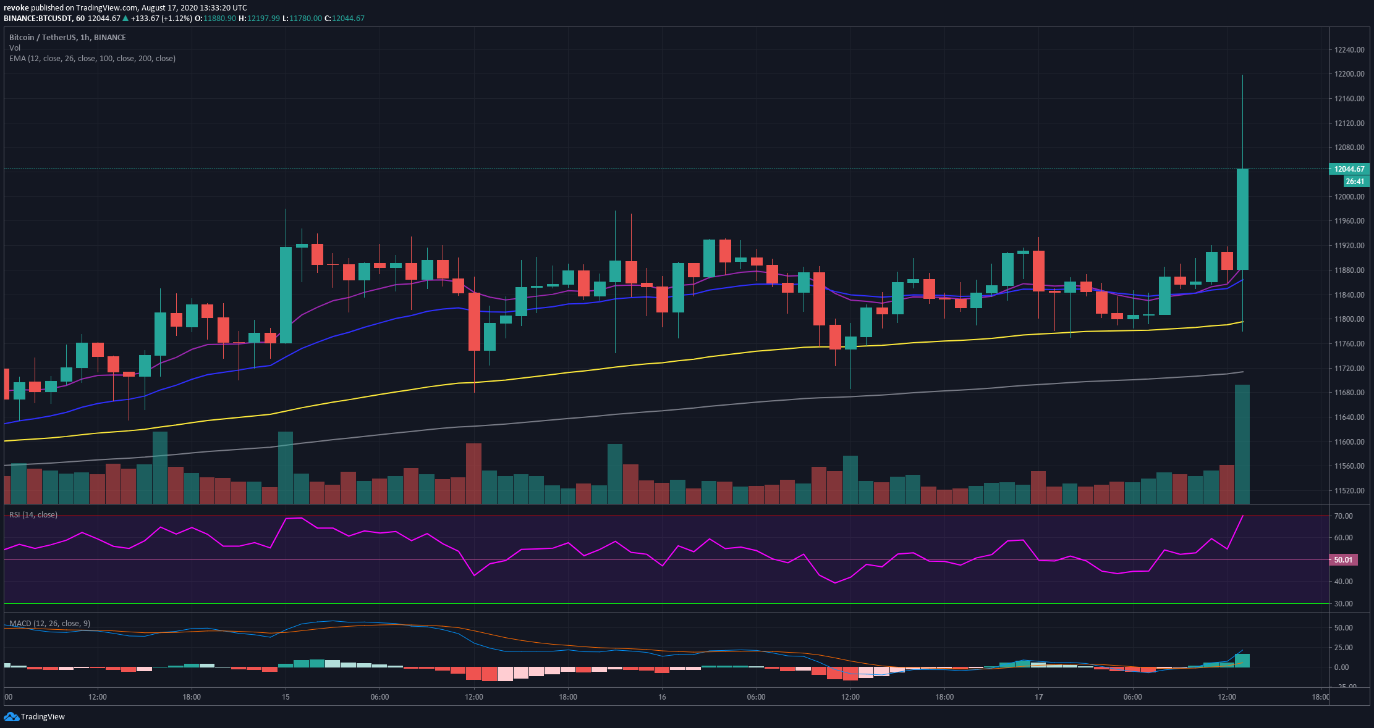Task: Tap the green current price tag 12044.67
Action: (x=1349, y=169)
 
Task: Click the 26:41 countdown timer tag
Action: (x=1355, y=182)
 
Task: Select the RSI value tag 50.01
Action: (x=1342, y=560)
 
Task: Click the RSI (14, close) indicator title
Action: (x=33, y=515)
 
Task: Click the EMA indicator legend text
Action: (x=92, y=59)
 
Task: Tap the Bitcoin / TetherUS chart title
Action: (x=67, y=38)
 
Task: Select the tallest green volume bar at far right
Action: (x=1242, y=445)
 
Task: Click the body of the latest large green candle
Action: (x=1242, y=219)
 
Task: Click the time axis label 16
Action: (x=662, y=697)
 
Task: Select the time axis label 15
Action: (x=286, y=697)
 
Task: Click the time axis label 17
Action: (x=1039, y=697)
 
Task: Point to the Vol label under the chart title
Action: (x=15, y=48)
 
